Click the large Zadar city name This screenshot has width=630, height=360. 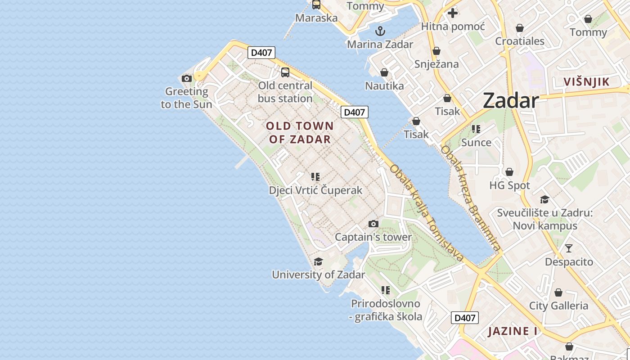(511, 100)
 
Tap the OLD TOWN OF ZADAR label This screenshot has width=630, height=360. (300, 132)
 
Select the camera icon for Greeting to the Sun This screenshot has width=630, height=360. (187, 78)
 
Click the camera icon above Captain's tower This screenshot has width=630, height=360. (373, 224)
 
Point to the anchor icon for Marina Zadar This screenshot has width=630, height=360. (380, 31)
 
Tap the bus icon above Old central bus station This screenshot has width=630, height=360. (285, 72)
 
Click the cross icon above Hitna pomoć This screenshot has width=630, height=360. (453, 13)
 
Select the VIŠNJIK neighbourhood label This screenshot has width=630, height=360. (586, 81)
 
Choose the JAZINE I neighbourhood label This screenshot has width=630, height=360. (513, 332)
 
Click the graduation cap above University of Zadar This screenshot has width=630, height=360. (318, 261)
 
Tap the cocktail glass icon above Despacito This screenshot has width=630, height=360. (569, 248)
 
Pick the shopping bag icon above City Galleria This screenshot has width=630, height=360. (558, 292)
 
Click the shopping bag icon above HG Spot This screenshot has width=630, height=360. (509, 172)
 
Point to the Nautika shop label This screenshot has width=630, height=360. (384, 85)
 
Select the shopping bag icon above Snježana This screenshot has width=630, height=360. (436, 51)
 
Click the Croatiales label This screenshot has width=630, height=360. (520, 41)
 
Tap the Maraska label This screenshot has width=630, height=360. (316, 18)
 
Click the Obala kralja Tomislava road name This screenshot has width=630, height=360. (426, 213)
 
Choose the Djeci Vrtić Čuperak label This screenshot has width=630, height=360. (315, 190)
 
